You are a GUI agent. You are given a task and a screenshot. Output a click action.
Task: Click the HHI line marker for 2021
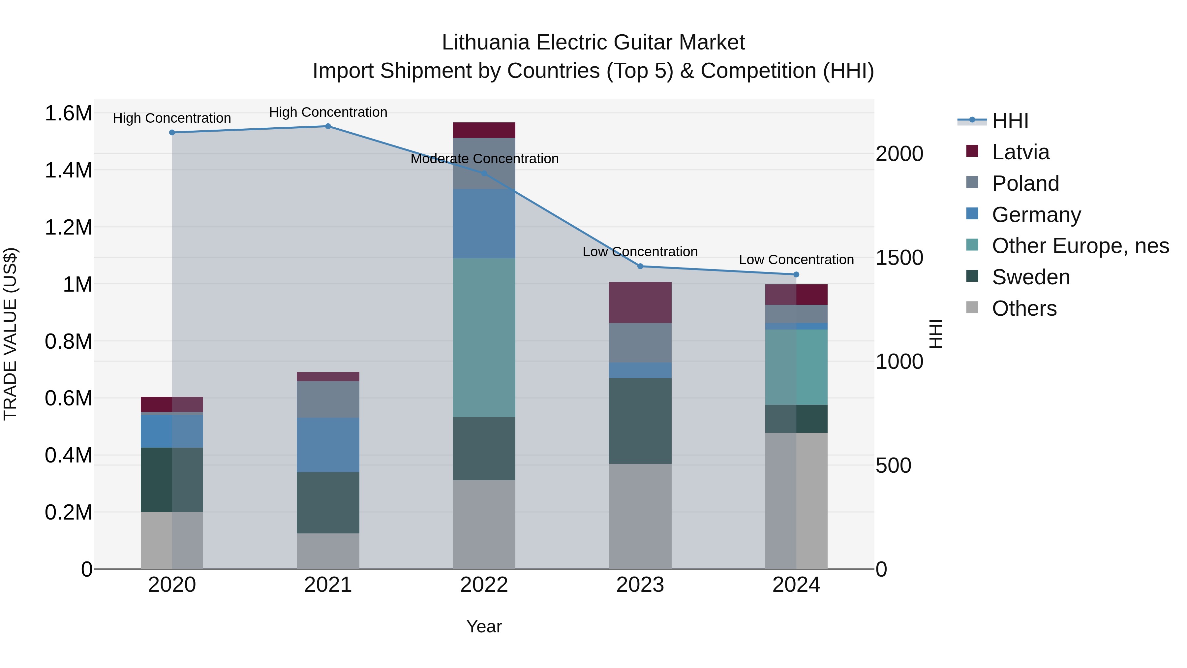(328, 126)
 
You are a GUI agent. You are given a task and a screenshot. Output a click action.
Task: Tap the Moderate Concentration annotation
(484, 159)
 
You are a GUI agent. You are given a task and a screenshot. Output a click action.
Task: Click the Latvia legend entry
(1020, 152)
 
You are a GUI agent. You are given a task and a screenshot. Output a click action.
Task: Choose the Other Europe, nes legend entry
(1080, 246)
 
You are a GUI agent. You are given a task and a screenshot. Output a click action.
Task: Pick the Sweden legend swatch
(972, 276)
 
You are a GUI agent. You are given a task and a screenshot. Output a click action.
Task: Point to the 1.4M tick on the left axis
(68, 170)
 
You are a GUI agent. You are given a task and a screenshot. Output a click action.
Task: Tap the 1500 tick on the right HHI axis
(899, 258)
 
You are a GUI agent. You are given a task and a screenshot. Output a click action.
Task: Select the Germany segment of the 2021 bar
(328, 445)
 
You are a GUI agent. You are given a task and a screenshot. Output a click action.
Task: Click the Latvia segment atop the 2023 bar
(640, 302)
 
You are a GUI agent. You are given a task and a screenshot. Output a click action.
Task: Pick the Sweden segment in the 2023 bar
(640, 421)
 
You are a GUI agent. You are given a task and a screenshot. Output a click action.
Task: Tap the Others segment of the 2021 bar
(328, 551)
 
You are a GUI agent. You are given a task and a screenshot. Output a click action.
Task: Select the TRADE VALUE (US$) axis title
(10, 334)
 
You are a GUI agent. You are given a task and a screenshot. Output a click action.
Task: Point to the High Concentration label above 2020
(172, 118)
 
